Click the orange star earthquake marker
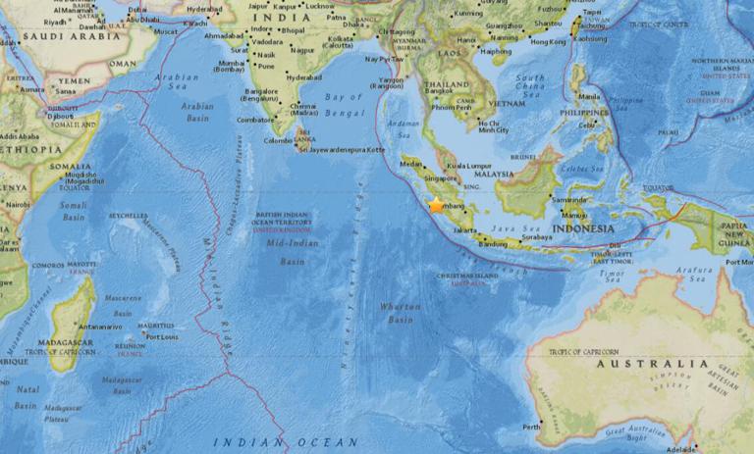pyautogui.click(x=436, y=205)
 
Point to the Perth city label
pyautogui.click(x=531, y=427)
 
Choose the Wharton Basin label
pyautogui.click(x=400, y=313)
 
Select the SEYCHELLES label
pyautogui.click(x=129, y=216)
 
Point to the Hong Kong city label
pyautogui.click(x=548, y=42)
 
